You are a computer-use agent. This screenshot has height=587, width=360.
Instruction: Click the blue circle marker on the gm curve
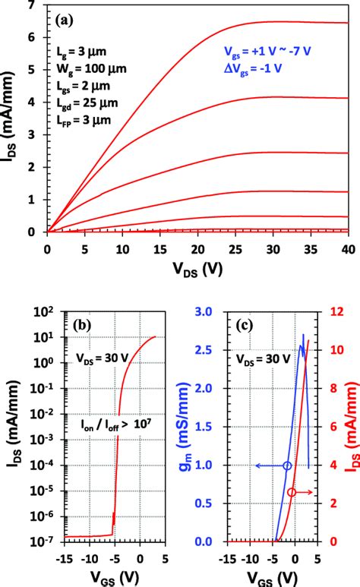(x=286, y=465)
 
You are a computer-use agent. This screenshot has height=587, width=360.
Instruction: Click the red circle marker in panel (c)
(x=292, y=492)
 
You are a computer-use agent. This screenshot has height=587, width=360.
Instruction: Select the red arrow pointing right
(x=307, y=492)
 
